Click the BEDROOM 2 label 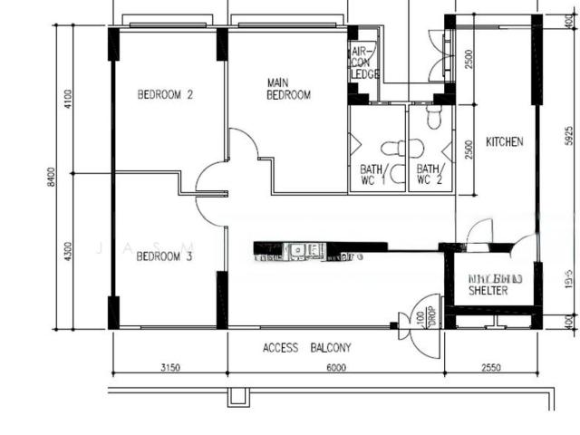click(165, 94)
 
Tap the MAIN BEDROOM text click(288, 89)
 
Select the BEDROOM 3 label click(165, 256)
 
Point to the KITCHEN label click(504, 142)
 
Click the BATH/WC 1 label click(372, 174)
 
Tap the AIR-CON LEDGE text click(364, 63)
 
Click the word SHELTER click(488, 292)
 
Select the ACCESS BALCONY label click(307, 348)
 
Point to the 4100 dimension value click(67, 96)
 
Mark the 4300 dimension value click(67, 252)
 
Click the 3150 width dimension click(169, 367)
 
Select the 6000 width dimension click(335, 367)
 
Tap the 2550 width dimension click(490, 367)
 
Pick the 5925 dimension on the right click(569, 136)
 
